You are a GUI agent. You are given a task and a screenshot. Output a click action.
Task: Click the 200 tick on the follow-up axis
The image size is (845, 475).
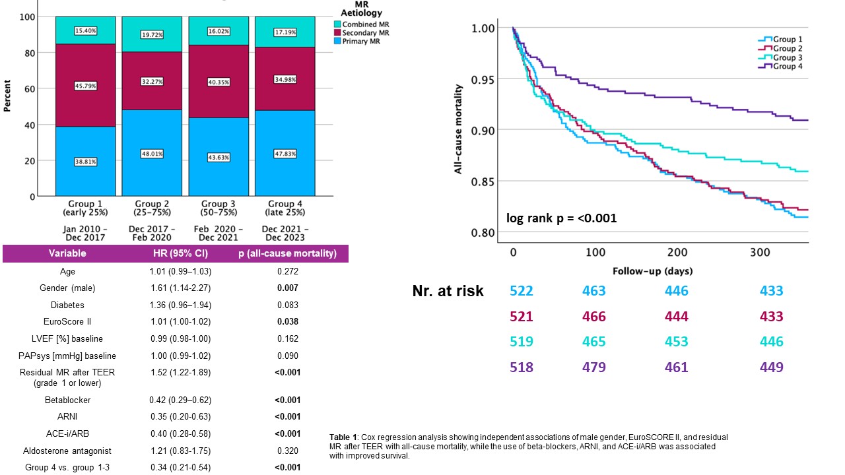(677, 253)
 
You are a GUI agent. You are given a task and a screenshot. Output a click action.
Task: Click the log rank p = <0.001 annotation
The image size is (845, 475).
(561, 218)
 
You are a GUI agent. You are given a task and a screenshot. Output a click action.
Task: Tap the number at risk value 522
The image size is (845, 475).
(522, 291)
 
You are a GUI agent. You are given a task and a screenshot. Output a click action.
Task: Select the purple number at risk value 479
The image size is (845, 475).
(594, 367)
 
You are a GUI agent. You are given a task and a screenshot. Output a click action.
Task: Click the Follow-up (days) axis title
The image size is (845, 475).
(652, 270)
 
